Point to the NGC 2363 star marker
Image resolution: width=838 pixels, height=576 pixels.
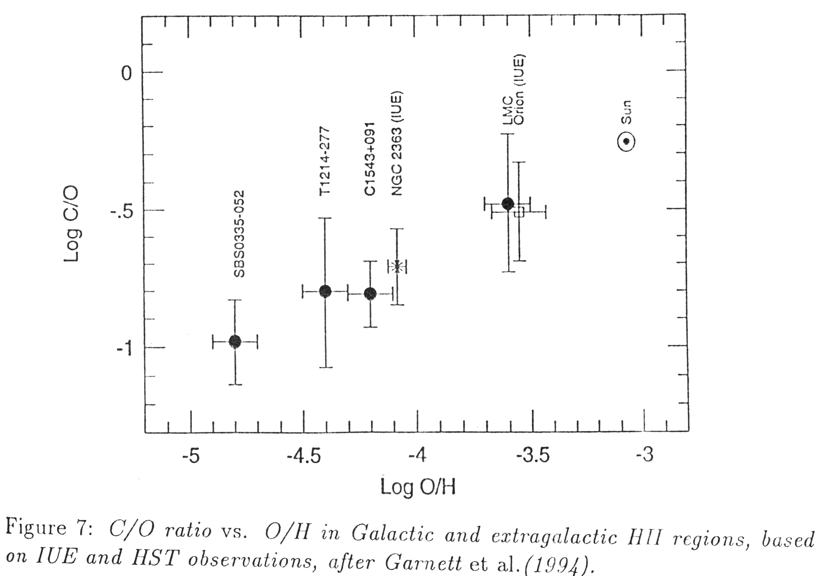[x=397, y=267]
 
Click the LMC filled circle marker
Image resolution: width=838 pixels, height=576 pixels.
[x=508, y=204]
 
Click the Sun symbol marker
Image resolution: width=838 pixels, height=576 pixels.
[x=626, y=141]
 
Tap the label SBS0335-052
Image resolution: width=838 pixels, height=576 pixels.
[x=239, y=234]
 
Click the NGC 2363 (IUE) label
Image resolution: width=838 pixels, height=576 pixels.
[x=397, y=144]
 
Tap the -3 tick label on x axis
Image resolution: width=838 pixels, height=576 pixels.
[x=644, y=455]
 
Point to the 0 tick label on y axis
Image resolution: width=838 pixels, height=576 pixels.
[x=126, y=74]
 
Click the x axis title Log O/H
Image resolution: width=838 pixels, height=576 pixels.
[x=418, y=487]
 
